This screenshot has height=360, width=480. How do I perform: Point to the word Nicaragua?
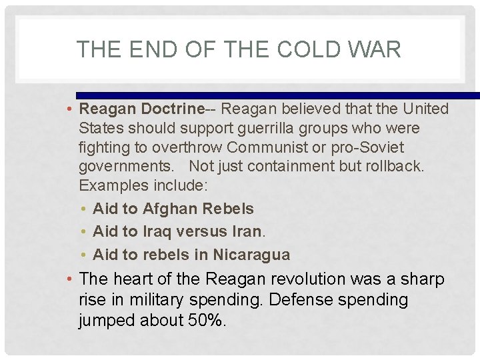(x=251, y=255)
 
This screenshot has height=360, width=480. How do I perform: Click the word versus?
(x=200, y=231)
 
